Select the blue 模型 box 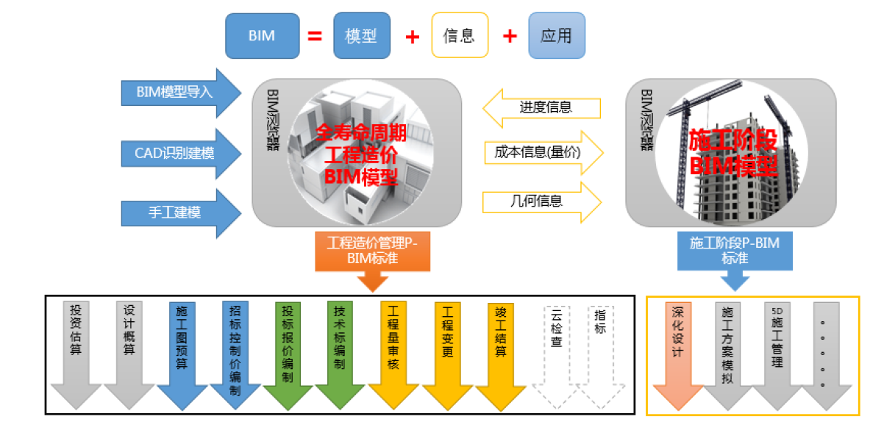(361, 35)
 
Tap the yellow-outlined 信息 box (460, 35)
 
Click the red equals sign (315, 35)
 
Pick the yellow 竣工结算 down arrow (501, 353)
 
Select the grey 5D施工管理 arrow (777, 353)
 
